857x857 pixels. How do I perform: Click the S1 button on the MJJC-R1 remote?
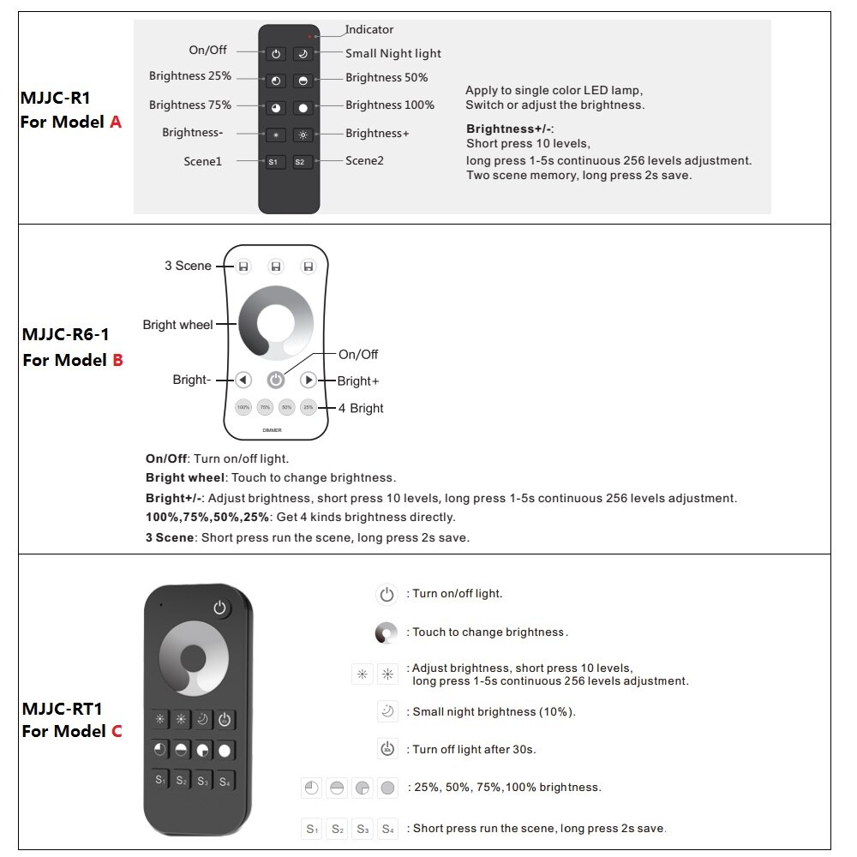pos(275,162)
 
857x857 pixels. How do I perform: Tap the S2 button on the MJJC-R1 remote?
pos(303,162)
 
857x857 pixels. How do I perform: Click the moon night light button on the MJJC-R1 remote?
pos(303,54)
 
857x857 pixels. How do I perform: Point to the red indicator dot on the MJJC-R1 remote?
pos(310,37)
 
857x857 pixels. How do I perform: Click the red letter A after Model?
pos(116,122)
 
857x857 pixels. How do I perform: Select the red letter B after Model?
pos(117,360)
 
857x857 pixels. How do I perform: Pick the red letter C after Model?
pos(117,731)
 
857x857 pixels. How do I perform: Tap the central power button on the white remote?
pos(275,380)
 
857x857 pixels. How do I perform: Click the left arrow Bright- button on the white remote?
pos(243,380)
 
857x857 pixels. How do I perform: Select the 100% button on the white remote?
pos(243,408)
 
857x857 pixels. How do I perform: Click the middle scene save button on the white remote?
pos(275,267)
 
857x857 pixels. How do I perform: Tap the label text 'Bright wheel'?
pos(177,325)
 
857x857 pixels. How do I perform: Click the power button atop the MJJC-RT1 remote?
pos(221,608)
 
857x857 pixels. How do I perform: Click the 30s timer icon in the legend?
pos(387,749)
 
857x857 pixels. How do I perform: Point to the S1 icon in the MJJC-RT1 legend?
pos(313,829)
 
